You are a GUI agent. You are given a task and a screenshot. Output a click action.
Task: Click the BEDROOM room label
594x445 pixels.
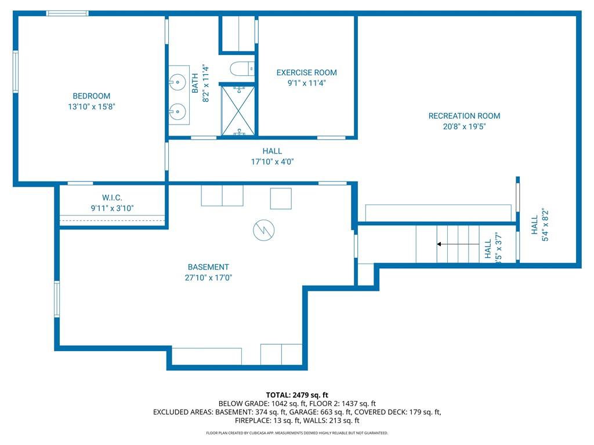[x=91, y=96]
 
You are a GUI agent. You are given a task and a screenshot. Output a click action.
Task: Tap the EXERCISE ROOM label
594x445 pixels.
[x=306, y=72]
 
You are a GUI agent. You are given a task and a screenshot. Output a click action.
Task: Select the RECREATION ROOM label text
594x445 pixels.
[x=464, y=116]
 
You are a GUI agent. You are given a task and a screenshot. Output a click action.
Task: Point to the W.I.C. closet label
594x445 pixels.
[x=112, y=198]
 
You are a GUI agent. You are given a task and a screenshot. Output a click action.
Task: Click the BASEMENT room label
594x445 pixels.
[x=208, y=267]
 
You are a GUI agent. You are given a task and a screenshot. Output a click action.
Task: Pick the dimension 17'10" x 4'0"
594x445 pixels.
[x=273, y=162]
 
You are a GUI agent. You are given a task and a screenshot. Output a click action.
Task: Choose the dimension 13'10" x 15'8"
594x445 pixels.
[x=91, y=107]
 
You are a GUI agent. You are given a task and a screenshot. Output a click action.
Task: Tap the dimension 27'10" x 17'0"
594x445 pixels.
[x=208, y=278]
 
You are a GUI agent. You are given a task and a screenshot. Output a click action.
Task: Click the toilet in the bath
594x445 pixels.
[x=242, y=69]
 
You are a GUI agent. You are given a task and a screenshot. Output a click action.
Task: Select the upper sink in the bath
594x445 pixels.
[x=178, y=82]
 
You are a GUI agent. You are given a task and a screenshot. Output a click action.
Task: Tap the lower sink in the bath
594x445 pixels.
[x=178, y=112]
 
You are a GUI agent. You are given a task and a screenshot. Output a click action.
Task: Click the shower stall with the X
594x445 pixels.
[x=238, y=111]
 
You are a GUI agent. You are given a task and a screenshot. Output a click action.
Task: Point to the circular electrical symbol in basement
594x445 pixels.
[x=264, y=230]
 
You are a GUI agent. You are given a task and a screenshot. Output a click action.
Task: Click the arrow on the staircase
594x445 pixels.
[x=458, y=244]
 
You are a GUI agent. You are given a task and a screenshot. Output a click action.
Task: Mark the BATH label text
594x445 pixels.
[x=195, y=83]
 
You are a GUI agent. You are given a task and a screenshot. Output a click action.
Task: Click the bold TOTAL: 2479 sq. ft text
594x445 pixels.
[x=297, y=395]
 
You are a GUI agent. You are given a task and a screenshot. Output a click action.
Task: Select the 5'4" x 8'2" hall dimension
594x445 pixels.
[x=545, y=224]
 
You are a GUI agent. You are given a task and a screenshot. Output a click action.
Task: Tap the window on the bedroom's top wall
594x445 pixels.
[x=67, y=13]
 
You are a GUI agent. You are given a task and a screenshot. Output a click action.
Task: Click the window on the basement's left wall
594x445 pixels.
[x=57, y=299]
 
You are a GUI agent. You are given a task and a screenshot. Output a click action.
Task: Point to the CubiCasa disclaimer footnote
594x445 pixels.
[x=297, y=433]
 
